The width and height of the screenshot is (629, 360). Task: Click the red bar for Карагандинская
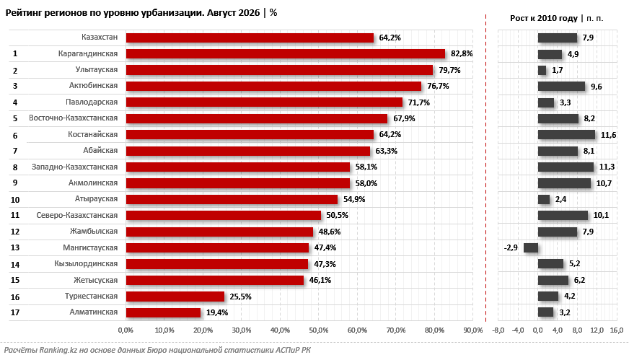[x=286, y=54]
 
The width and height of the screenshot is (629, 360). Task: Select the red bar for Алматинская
[x=163, y=312]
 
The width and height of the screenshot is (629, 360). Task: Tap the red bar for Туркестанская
[x=175, y=297]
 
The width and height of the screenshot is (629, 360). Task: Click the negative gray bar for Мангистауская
[x=531, y=247]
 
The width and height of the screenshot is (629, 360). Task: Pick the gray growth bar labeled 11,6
[x=566, y=135]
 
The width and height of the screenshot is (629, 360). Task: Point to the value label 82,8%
[x=462, y=54]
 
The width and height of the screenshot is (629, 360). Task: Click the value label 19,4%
[x=217, y=312]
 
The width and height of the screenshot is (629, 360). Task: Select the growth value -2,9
[x=511, y=247]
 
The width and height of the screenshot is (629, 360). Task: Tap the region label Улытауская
[x=97, y=69]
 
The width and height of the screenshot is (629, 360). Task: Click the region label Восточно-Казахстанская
[x=74, y=118]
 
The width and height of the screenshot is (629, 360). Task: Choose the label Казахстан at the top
[x=100, y=37]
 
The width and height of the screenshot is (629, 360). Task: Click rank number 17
[x=15, y=312]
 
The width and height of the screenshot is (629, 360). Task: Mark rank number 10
[x=15, y=199]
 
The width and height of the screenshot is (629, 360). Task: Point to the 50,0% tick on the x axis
[x=319, y=330]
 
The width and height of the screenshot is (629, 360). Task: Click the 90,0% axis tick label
[x=473, y=330]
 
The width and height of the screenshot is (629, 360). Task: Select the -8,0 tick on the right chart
[x=498, y=330]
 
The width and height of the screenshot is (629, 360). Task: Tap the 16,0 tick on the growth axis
[x=617, y=330]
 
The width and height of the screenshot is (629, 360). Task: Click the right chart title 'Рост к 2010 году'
[x=544, y=18]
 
